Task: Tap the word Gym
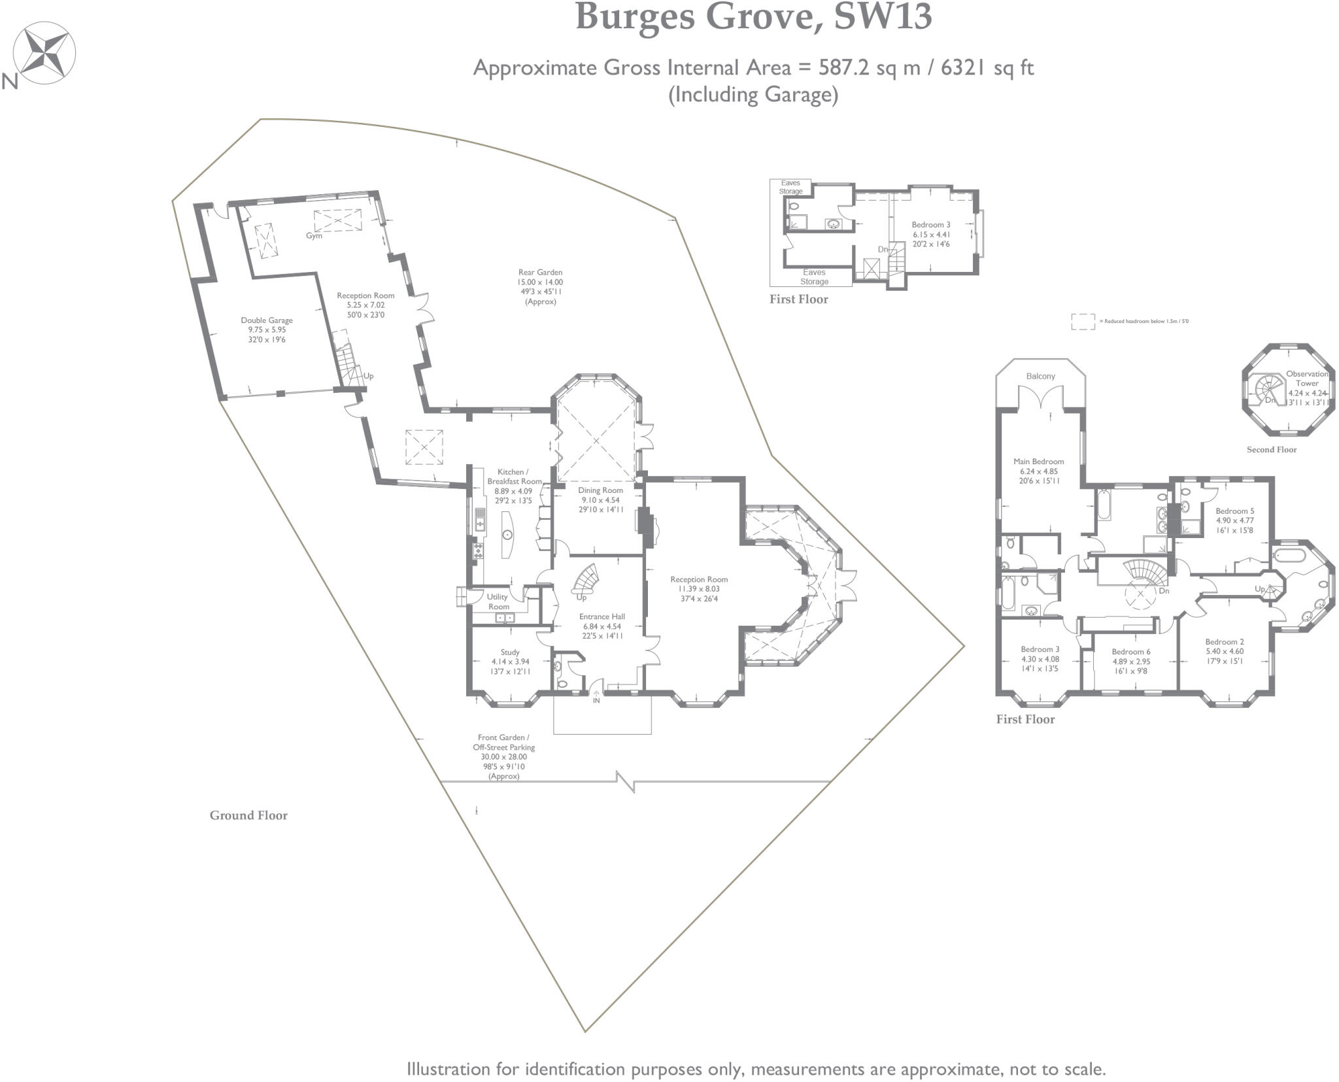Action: pyautogui.click(x=314, y=236)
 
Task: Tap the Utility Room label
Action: pyautogui.click(x=498, y=601)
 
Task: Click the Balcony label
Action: pyautogui.click(x=1040, y=376)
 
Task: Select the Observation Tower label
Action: pyautogui.click(x=1307, y=379)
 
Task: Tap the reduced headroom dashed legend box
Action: pyautogui.click(x=1083, y=321)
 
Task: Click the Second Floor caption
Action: pyautogui.click(x=1271, y=449)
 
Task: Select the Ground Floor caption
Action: pyautogui.click(x=248, y=815)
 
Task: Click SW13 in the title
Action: pyautogui.click(x=883, y=18)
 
